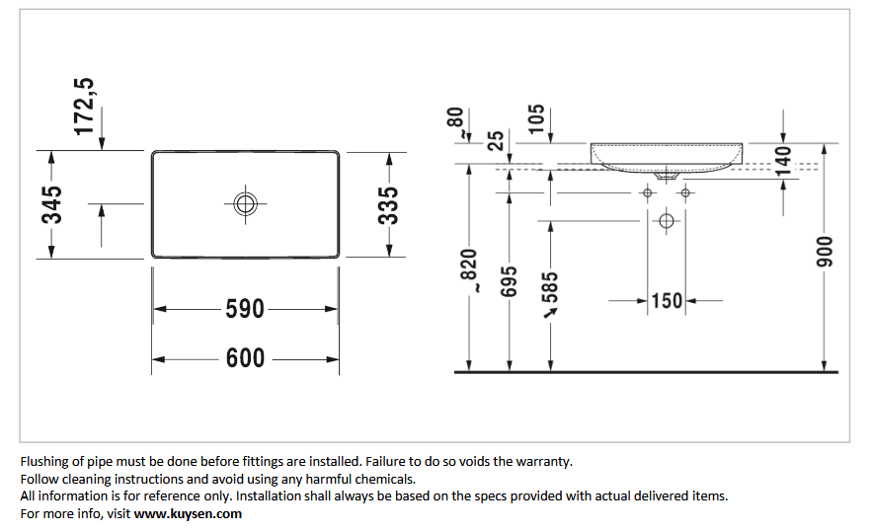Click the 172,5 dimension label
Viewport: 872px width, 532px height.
[84, 107]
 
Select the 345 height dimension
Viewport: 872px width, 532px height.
[51, 204]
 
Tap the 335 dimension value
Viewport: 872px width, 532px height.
[389, 205]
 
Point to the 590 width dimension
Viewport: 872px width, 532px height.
[245, 309]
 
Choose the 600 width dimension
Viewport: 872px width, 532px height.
[245, 358]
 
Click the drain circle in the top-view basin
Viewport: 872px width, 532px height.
[245, 204]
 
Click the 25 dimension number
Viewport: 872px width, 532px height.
[495, 140]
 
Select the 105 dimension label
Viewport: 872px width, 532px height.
[536, 119]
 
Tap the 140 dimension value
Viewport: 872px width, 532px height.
[783, 161]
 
